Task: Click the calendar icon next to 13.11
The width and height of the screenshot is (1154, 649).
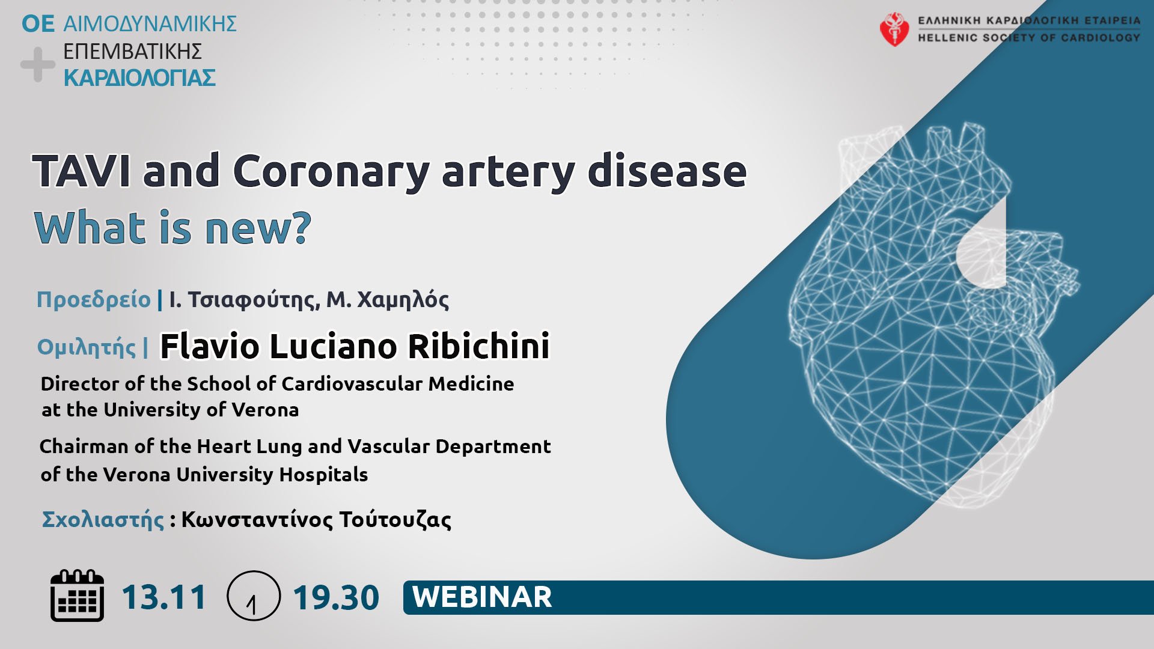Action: (x=77, y=596)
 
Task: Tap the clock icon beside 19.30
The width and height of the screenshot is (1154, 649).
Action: (x=253, y=596)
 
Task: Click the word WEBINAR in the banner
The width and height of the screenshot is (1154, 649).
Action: (x=482, y=597)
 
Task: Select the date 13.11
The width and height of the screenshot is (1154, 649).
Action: (x=164, y=597)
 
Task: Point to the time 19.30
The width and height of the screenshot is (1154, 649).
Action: (x=336, y=597)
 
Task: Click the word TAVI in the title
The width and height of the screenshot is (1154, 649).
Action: (x=81, y=171)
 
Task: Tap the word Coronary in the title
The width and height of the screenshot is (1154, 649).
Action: (x=331, y=172)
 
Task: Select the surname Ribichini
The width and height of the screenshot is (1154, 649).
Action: (x=479, y=346)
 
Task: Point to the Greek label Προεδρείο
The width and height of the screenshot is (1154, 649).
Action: (x=94, y=299)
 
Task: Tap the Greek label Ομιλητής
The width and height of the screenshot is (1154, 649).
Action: (x=87, y=347)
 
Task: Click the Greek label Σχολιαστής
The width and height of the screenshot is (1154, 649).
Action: (x=103, y=519)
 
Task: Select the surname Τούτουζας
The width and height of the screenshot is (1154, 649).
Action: (x=395, y=519)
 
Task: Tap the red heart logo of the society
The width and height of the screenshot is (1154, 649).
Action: (x=894, y=29)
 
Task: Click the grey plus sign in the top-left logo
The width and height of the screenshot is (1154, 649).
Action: (x=37, y=64)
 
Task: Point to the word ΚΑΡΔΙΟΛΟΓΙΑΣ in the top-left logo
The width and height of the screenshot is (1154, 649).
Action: (x=139, y=78)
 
